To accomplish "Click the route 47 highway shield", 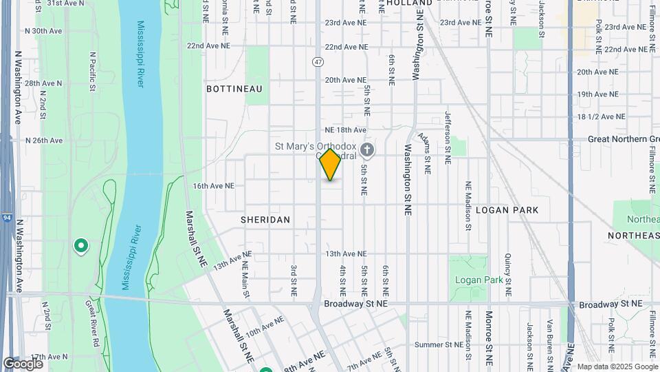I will click(x=318, y=62).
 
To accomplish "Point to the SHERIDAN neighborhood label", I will click(x=265, y=220).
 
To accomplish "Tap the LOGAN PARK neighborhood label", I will click(x=506, y=209).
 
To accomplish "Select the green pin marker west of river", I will click(x=81, y=246).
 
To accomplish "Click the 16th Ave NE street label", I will click(x=214, y=186).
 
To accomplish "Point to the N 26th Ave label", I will click(x=43, y=141).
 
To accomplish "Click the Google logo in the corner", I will click(x=23, y=363).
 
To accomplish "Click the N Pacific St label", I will click(x=91, y=70).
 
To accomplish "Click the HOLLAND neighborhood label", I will click(x=409, y=3).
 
